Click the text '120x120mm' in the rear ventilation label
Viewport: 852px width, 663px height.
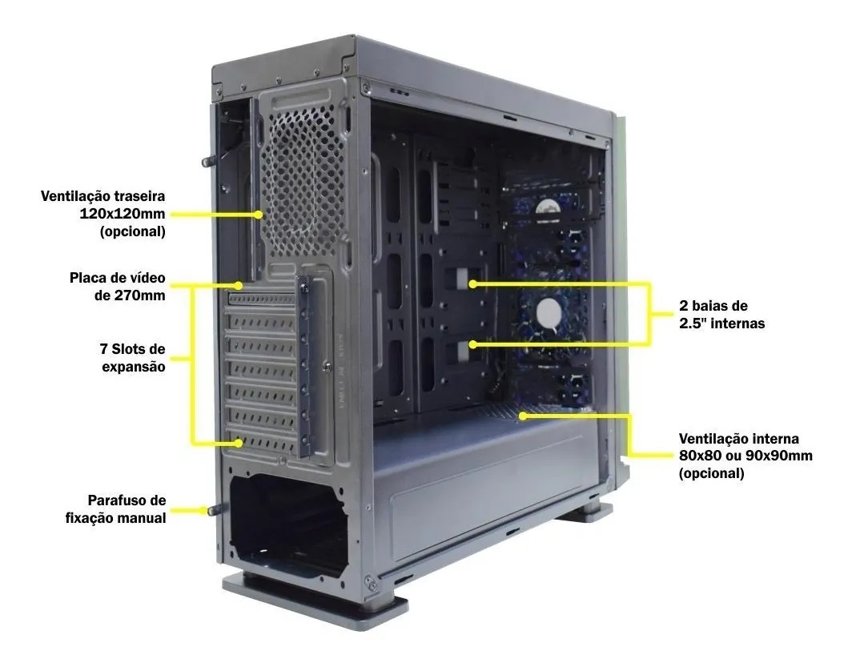pos(123,214)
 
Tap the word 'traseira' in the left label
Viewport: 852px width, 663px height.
pos(138,195)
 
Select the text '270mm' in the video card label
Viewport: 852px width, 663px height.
pos(139,295)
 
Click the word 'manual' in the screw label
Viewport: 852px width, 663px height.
pos(141,518)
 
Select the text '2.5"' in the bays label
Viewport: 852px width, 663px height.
pos(693,323)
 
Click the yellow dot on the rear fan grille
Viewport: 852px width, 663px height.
pos(259,214)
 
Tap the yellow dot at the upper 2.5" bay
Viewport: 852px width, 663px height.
pos(472,283)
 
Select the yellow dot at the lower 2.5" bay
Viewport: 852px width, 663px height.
pos(472,344)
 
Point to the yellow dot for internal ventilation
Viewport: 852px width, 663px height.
pos(522,416)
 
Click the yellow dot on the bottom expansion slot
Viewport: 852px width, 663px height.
pos(239,443)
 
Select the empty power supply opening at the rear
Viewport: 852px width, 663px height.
pos(288,524)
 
